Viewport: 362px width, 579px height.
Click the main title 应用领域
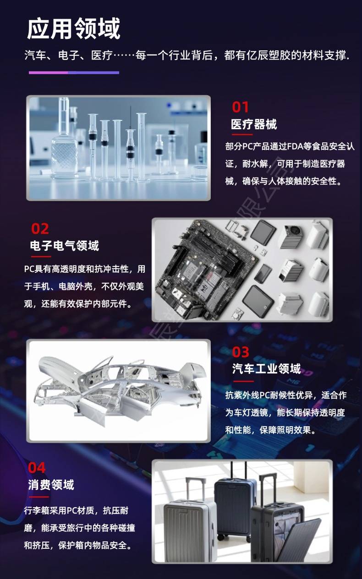point(74,28)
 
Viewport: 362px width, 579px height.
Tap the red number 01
point(241,107)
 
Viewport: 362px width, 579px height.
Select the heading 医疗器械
point(254,124)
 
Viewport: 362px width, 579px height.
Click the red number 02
point(40,229)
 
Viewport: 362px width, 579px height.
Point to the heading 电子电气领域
point(65,245)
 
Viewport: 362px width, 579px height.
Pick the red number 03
point(241,352)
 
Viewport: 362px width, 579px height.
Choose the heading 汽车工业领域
point(266,368)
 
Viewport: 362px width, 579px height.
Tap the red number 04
point(37,468)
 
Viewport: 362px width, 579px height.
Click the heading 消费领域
point(51,485)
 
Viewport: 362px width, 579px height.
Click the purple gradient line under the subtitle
point(74,73)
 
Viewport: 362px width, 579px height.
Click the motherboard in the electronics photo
point(206,269)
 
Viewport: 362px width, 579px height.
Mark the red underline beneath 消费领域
point(39,497)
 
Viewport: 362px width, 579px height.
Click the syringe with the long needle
point(131,145)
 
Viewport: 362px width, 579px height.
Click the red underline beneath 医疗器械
point(242,135)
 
